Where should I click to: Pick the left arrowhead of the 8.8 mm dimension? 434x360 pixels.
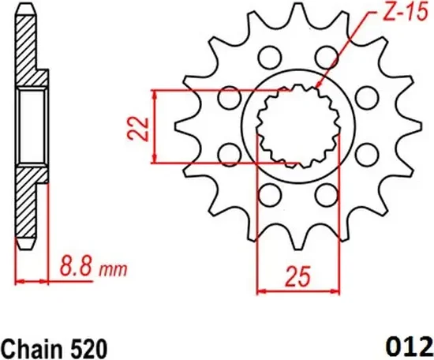point(20,280)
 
